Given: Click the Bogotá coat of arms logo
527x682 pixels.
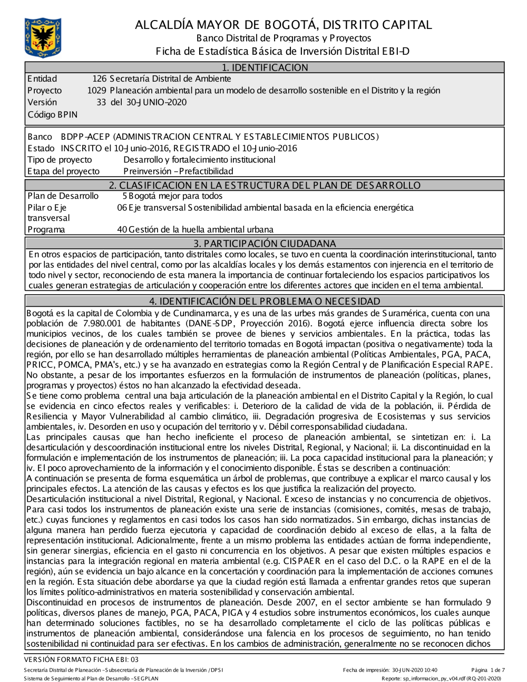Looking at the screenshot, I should point(43,37).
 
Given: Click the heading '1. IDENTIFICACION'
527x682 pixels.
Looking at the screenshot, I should point(265,67).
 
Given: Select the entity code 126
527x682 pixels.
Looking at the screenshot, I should point(100,79).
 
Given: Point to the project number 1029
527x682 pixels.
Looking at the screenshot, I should point(97,91).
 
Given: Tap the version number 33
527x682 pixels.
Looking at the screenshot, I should point(101,102).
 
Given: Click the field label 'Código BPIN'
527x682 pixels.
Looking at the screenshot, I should point(52,114).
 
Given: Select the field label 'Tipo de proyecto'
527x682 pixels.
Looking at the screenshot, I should point(60,160).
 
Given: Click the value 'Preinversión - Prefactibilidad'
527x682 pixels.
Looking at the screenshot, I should point(178,171).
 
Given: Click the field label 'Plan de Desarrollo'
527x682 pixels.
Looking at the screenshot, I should point(63,196).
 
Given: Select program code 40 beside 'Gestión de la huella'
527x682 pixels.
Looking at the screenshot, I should point(122,229).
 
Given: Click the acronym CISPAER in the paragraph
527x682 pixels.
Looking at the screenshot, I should point(301,561).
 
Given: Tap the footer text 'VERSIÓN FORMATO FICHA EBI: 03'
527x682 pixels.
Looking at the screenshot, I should point(81,659).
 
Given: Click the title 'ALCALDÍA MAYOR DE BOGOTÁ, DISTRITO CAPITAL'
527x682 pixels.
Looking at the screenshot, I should point(283,25).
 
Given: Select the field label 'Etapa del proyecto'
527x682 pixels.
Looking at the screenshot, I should point(63,171).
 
